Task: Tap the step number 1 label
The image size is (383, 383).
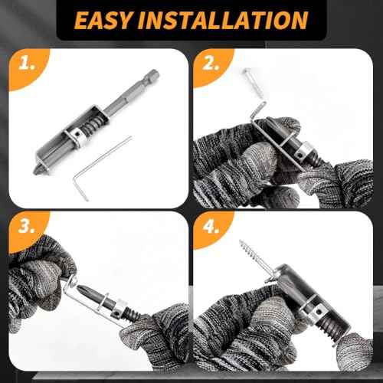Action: [x=28, y=68]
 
